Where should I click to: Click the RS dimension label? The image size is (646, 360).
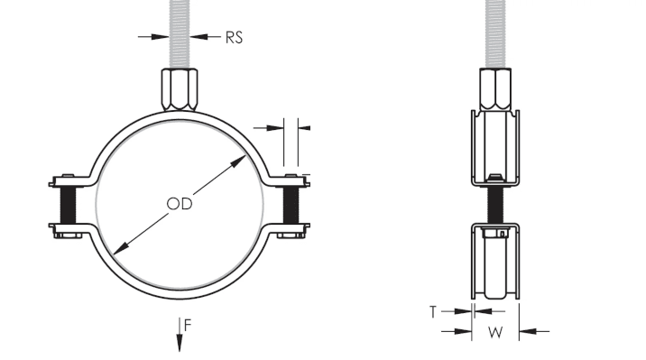(234, 38)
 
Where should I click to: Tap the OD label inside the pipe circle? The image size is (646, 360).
(180, 204)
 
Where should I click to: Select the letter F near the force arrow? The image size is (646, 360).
(188, 326)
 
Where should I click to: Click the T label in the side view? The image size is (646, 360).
(432, 312)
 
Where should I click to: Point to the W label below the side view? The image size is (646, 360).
(495, 332)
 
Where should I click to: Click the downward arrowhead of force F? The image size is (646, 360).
(180, 343)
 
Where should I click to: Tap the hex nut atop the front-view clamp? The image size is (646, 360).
(179, 90)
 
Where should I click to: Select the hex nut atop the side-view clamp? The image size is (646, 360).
(495, 89)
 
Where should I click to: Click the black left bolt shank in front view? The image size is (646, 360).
(69, 205)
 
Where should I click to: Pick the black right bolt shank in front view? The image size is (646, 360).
(291, 205)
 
